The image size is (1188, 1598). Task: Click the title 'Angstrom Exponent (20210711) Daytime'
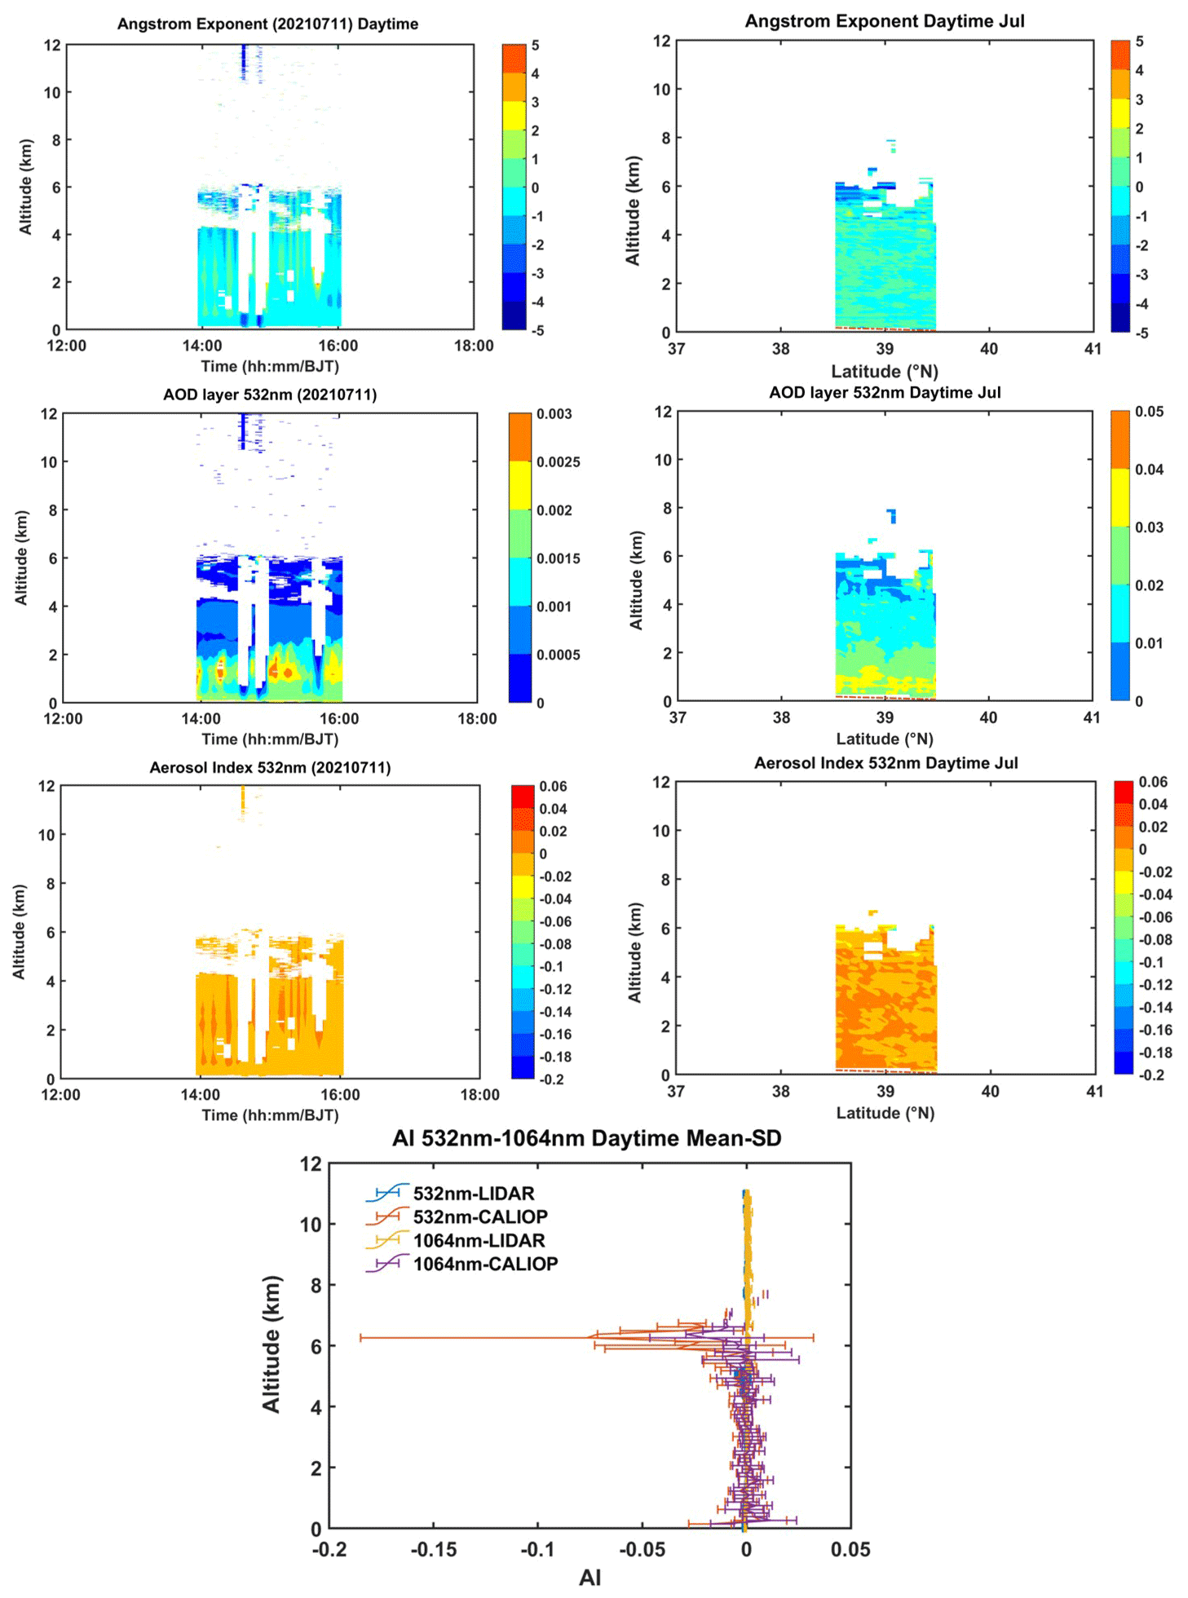pyautogui.click(x=267, y=24)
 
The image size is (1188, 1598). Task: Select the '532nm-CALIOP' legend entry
pyautogui.click(x=480, y=1216)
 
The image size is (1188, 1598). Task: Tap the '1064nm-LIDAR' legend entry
pyautogui.click(x=479, y=1240)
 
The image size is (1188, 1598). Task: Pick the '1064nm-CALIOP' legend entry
pyautogui.click(x=485, y=1264)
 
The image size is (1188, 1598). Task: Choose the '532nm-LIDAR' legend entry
pyautogui.click(x=474, y=1194)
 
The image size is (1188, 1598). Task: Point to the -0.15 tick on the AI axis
pyautogui.click(x=433, y=1550)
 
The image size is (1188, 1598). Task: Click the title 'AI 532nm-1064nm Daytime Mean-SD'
pyautogui.click(x=586, y=1138)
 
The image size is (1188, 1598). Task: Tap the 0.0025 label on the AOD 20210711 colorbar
pyautogui.click(x=559, y=462)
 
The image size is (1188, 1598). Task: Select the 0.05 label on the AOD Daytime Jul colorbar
pyautogui.click(x=1149, y=412)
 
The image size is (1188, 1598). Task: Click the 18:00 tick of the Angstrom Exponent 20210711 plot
pyautogui.click(x=474, y=346)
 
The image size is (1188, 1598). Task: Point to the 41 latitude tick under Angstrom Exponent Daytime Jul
pyautogui.click(x=1093, y=349)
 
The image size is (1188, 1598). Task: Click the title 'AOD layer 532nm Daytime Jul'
pyautogui.click(x=885, y=392)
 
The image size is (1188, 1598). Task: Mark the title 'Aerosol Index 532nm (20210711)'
pyautogui.click(x=270, y=768)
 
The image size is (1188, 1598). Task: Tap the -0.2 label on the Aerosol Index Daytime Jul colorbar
pyautogui.click(x=1151, y=1075)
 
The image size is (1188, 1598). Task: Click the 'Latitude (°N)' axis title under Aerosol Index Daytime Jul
pyautogui.click(x=885, y=1113)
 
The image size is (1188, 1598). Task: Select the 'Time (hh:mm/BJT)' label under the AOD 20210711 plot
pyautogui.click(x=270, y=739)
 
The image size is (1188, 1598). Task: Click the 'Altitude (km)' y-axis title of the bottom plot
pyautogui.click(x=271, y=1344)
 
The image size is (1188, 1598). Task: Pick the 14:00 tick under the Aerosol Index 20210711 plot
pyautogui.click(x=200, y=1095)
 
